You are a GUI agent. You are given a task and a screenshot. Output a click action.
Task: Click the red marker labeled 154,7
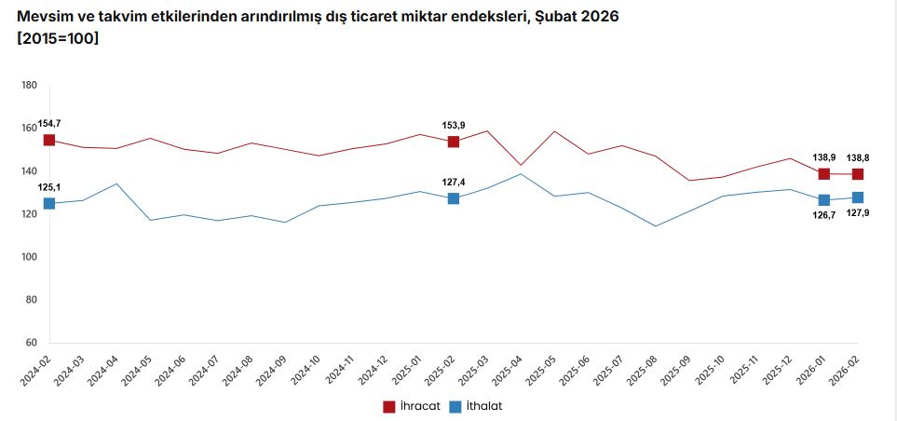pos(49,140)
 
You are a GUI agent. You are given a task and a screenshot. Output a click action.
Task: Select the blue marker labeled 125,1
pos(49,203)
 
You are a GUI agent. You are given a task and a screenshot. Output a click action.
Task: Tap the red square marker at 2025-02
pos(454,142)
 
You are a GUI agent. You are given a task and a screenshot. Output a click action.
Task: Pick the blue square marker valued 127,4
pos(454,198)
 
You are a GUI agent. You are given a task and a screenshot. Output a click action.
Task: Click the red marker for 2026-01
pos(824,174)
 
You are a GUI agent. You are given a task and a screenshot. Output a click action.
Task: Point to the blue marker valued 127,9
pos(858,197)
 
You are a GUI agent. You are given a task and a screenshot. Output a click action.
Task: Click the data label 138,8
pos(858,158)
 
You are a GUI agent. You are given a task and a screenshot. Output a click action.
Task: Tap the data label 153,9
pos(454,125)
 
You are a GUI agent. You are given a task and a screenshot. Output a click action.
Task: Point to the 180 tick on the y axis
pos(28,86)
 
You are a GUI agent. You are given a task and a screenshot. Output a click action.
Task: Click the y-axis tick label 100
pos(28,257)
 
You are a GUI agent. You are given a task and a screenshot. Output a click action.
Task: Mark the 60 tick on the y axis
pos(30,343)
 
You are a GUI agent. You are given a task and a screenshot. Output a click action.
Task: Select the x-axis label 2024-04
pos(104,370)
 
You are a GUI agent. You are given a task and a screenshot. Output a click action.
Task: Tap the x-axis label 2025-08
pos(643,370)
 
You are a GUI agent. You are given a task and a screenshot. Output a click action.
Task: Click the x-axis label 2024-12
pos(374,370)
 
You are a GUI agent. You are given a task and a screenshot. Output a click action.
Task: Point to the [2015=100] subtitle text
pos(58,38)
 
